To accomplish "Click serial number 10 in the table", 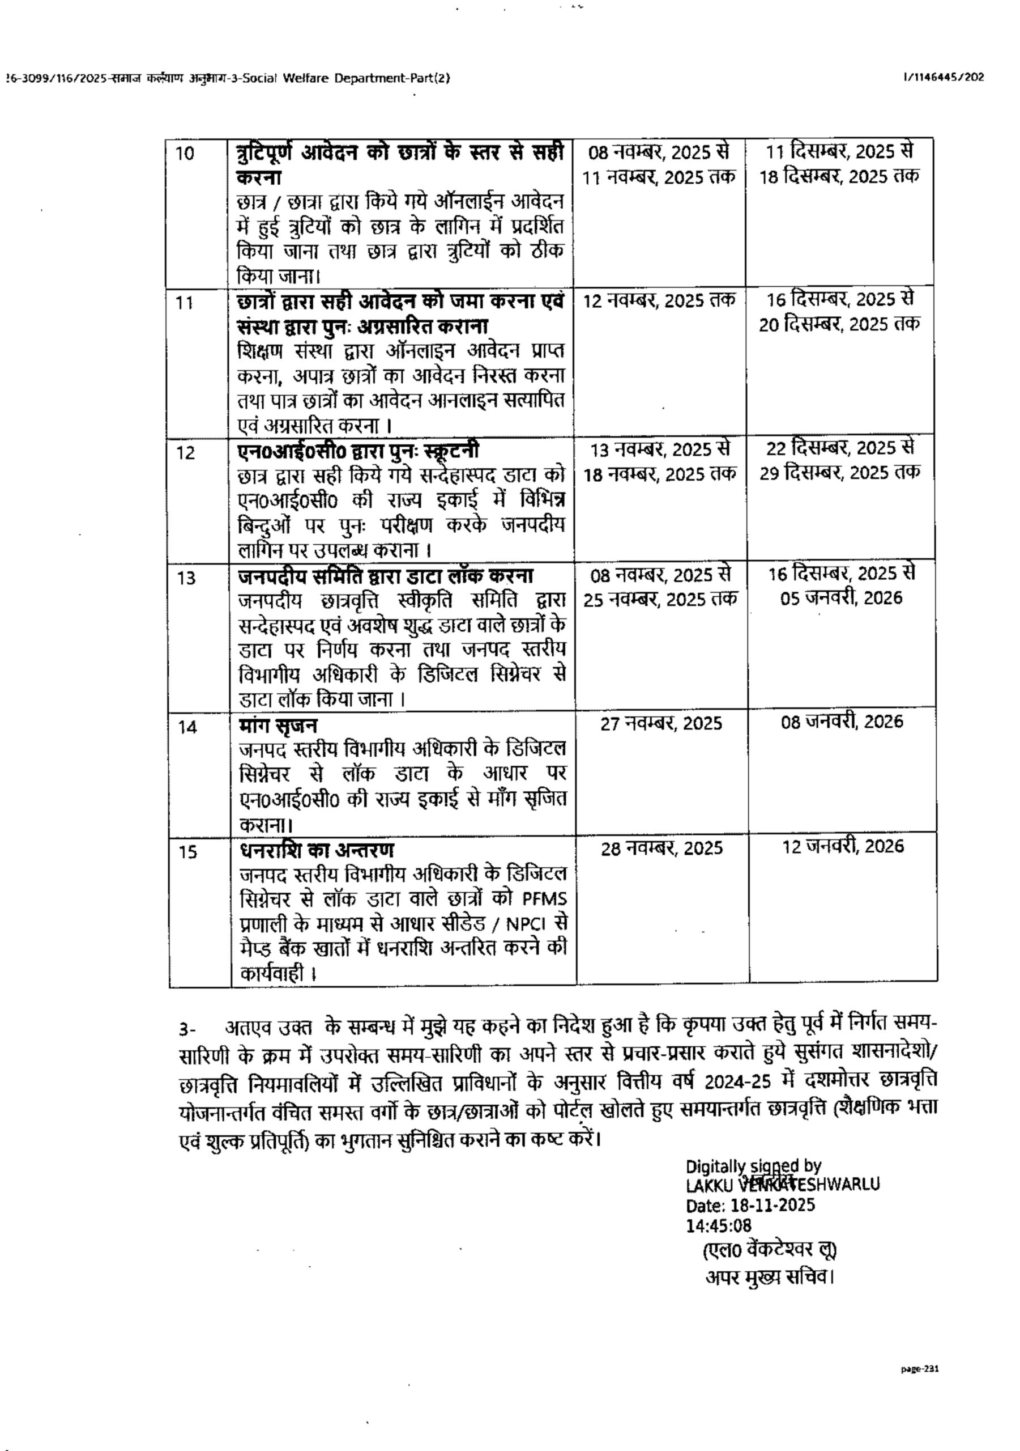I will click(185, 154).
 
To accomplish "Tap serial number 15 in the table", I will click(187, 852).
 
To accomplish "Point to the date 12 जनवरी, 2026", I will click(843, 847).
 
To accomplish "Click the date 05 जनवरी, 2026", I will click(841, 598).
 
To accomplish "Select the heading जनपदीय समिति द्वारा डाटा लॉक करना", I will click(386, 576).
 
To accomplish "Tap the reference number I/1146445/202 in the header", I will click(944, 78).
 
